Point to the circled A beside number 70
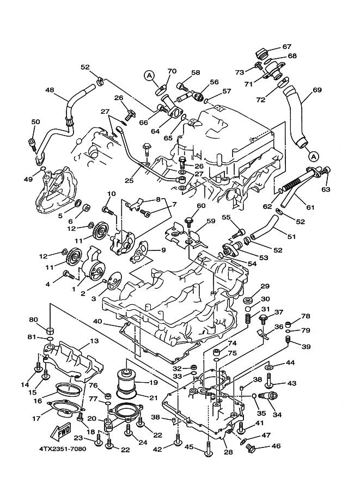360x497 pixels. [x=150, y=76]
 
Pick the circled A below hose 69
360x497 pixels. [x=313, y=155]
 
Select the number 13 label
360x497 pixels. [x=94, y=340]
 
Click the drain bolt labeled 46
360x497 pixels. [x=251, y=448]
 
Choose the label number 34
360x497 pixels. [x=277, y=415]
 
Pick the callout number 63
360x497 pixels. [x=326, y=189]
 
